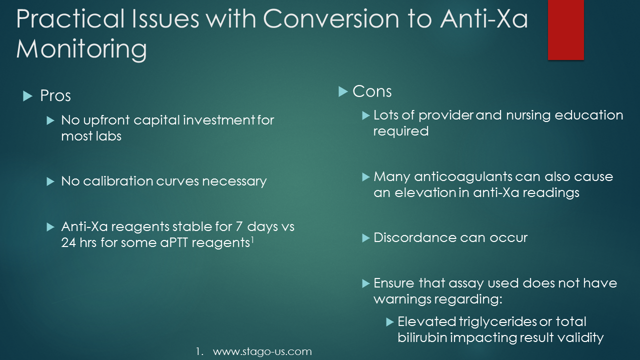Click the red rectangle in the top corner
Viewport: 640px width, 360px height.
point(565,29)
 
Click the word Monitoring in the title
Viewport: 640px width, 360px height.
point(81,49)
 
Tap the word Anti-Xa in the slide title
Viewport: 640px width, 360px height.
point(484,18)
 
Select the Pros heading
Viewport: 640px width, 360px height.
point(55,95)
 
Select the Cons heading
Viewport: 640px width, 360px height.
point(372,91)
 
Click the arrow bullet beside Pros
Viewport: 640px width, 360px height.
point(27,96)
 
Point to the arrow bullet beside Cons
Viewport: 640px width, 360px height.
point(343,91)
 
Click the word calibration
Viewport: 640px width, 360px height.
point(118,181)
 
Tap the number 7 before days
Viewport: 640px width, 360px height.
point(239,226)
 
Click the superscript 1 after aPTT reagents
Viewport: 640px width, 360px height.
point(252,240)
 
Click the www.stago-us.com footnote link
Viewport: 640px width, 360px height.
point(262,351)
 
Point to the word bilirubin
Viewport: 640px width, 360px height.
point(422,337)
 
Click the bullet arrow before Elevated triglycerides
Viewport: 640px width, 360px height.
point(390,322)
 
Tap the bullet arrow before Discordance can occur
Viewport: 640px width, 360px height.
point(366,238)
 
